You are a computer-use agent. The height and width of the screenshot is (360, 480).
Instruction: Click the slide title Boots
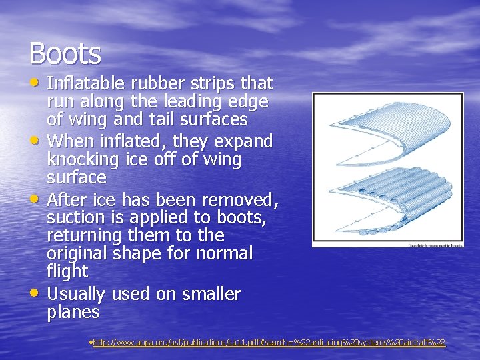click(65, 54)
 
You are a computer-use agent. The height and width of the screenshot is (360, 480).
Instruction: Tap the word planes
click(73, 312)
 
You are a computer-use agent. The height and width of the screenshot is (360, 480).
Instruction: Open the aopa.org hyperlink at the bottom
click(269, 343)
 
